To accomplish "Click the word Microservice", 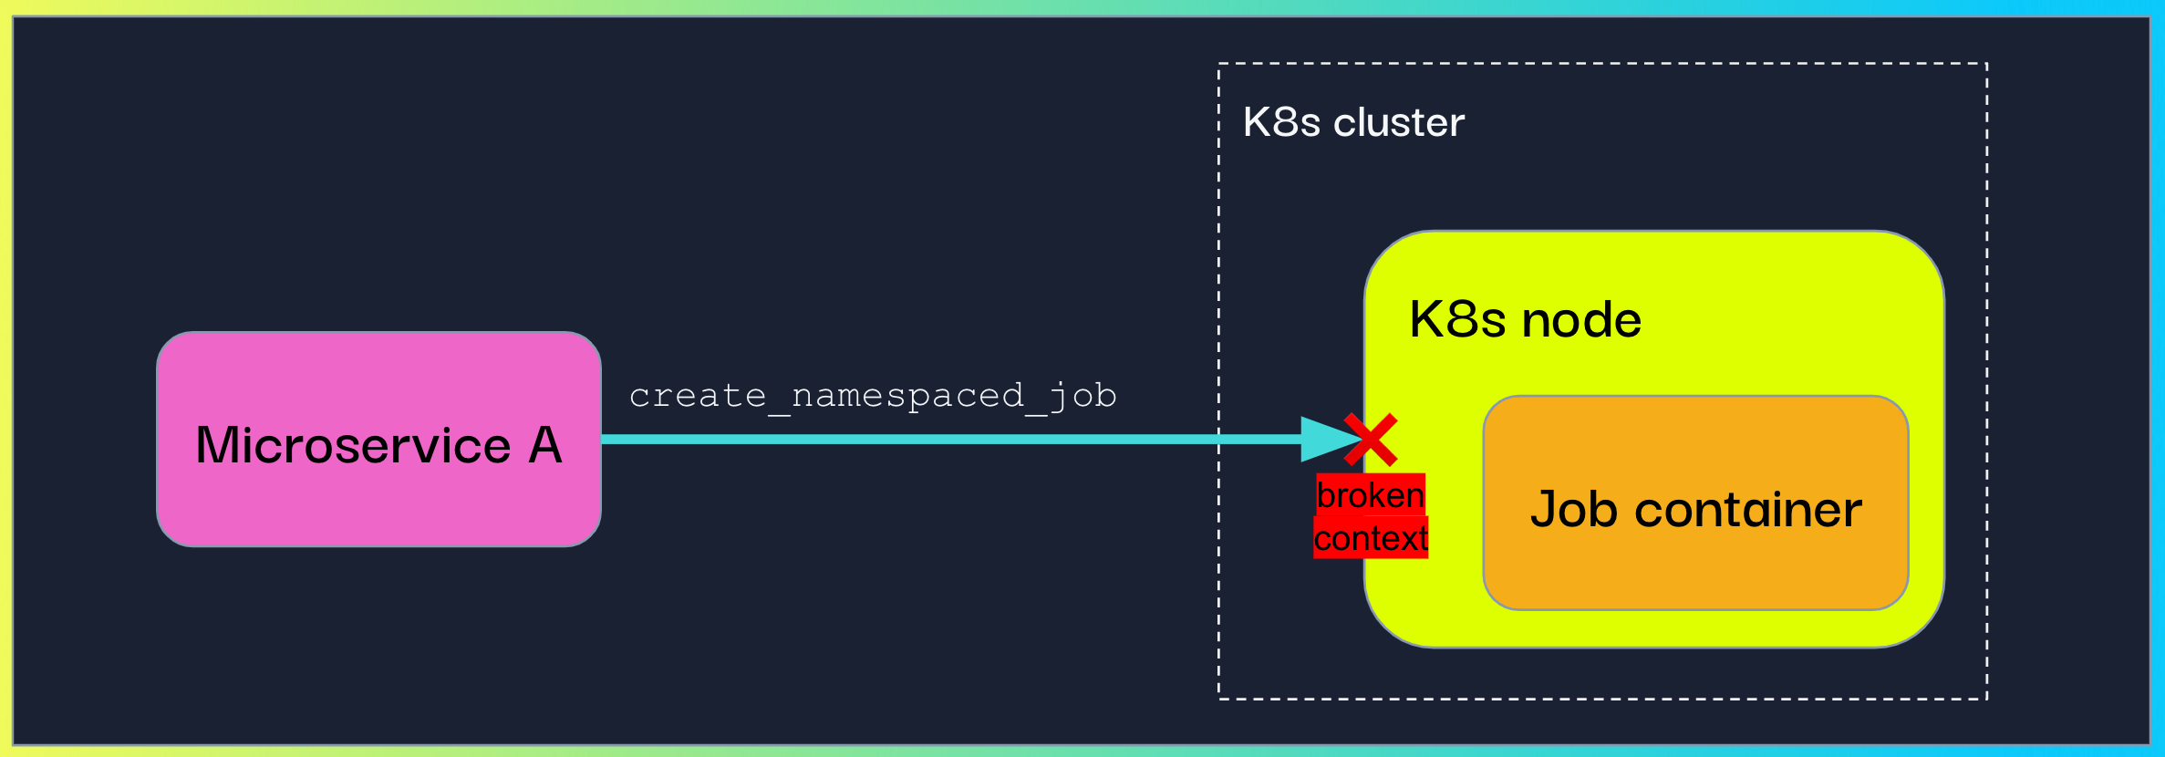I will click(x=353, y=446).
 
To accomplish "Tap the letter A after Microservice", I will click(x=544, y=445).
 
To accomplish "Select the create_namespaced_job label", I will click(x=873, y=396).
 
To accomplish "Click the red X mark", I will click(x=1371, y=440).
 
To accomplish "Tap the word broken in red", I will click(x=1370, y=495).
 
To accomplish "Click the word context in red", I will click(x=1371, y=538).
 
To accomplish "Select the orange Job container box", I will click(x=1695, y=575).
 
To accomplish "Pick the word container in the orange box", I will click(x=1748, y=509).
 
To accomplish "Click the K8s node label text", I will click(x=1525, y=319).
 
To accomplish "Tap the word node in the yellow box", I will click(x=1581, y=320).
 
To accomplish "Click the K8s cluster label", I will click(x=1353, y=122).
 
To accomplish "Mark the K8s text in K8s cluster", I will click(x=1281, y=122).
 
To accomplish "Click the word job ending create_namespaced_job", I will click(x=1083, y=397).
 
